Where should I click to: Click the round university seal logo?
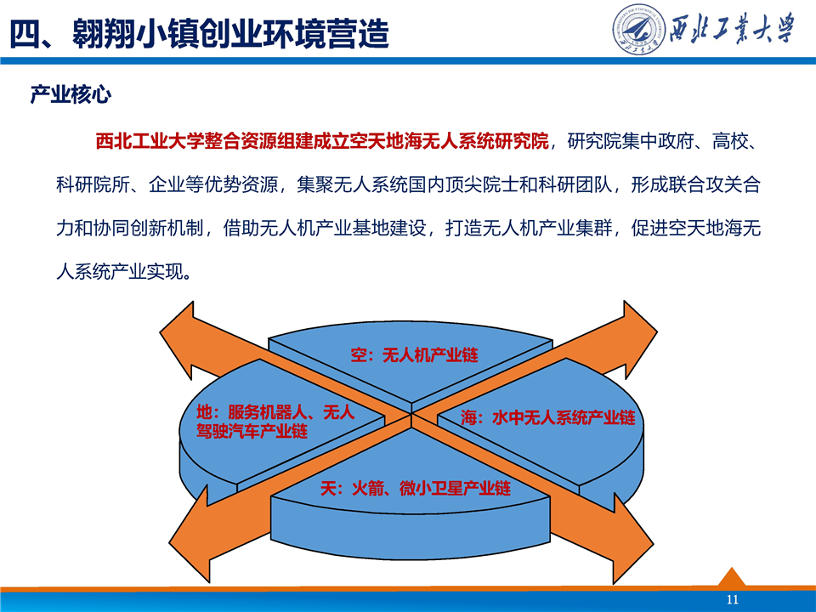tap(638, 30)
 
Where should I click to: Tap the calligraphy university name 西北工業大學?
tap(732, 29)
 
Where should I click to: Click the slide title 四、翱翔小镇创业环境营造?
tap(199, 33)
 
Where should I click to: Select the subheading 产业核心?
tap(71, 94)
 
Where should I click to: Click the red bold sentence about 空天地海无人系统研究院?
tap(322, 141)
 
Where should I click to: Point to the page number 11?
tap(732, 599)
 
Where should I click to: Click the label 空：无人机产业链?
tap(414, 355)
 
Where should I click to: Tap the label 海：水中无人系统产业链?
tap(548, 417)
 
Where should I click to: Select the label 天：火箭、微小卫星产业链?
tap(416, 488)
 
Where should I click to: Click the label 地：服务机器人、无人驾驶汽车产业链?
tap(275, 422)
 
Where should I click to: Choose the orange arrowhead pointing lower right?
tap(631, 541)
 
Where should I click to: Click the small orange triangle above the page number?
tap(732, 577)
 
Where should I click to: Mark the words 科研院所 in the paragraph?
tap(93, 184)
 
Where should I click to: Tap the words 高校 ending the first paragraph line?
tap(729, 141)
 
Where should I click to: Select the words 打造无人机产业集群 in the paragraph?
tap(529, 228)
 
